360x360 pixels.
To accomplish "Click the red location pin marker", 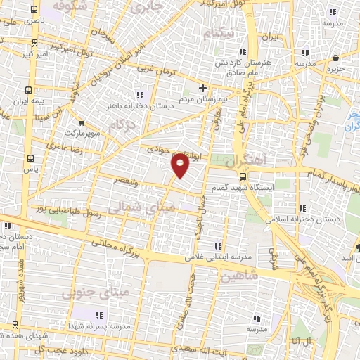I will point(180,166).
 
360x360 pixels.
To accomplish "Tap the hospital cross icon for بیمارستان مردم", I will point(203,89).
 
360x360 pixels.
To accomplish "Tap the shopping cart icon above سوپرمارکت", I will point(83,122).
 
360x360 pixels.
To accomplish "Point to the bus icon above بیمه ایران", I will point(28,90).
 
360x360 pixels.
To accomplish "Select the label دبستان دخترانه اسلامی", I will point(302,219).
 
